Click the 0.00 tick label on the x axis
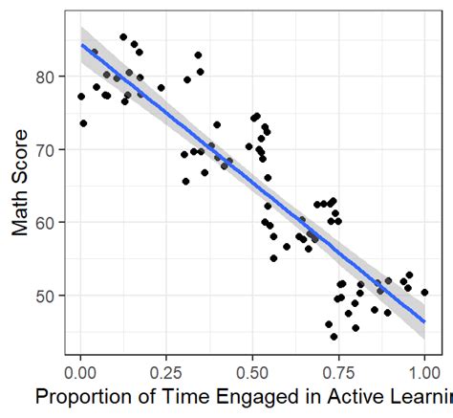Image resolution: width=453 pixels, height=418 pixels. pos(81,368)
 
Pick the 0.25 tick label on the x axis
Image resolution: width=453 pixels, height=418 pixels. pos(167,368)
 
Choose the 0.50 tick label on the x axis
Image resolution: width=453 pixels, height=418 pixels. pos(253,368)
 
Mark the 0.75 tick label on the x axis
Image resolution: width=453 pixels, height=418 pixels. pos(339,368)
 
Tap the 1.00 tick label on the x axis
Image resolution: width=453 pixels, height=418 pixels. pos(424,368)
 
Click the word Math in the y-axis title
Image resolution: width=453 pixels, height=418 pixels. pos(20,214)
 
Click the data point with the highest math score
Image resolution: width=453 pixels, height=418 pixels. pos(123,37)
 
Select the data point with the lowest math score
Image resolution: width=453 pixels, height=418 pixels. pos(334,336)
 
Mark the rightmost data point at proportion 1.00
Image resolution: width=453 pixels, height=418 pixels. pos(424,293)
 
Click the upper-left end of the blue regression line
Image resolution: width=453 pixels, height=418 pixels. pos(81,45)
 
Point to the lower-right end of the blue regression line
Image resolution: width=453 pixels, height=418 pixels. pos(424,321)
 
